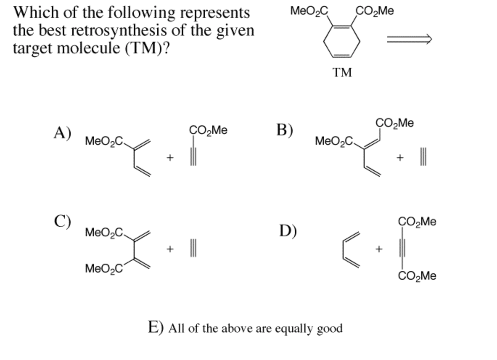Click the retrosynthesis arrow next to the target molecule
coord(409,39)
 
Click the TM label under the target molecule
coord(342,72)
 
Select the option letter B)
coord(285,130)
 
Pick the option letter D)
coord(288,231)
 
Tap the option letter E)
coord(156,327)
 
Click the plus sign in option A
coord(170,157)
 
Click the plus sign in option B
coord(400,157)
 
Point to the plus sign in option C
coord(170,249)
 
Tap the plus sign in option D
coord(379,249)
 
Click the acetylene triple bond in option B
coord(423,157)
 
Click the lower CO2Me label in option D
coord(417,276)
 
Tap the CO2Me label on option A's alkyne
coord(208,130)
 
